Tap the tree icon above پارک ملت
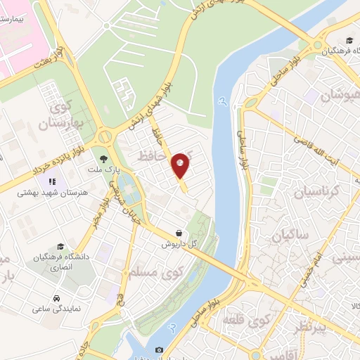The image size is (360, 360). [x=104, y=160]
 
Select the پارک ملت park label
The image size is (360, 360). [x=104, y=170]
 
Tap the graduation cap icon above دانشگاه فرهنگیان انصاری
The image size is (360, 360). [x=61, y=247]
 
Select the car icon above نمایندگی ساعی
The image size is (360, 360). [x=56, y=297]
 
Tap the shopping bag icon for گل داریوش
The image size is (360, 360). [x=180, y=232]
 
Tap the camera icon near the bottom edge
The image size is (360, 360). [x=159, y=349]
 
